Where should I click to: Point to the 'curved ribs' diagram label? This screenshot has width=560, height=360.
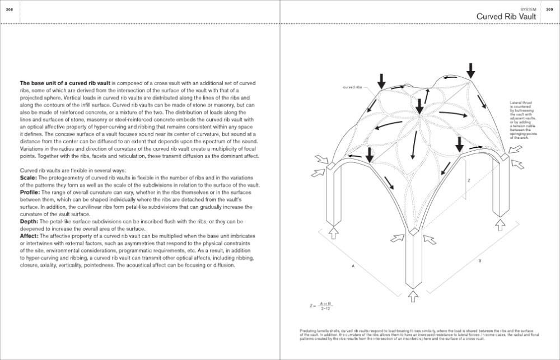coord(353,87)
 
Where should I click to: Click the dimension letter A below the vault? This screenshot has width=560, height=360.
coord(353,267)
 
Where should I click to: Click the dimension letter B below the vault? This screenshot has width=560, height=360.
coord(480,261)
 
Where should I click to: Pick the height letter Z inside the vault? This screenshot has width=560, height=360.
coord(469,180)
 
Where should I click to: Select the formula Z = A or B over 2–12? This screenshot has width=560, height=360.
coord(322,307)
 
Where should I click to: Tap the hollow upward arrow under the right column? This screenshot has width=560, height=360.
coord(500,225)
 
